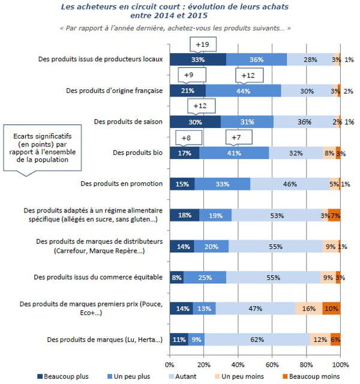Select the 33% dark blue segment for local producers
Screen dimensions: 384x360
pos(197,59)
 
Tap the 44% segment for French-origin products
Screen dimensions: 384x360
pos(243,90)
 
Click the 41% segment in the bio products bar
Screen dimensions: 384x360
pos(234,152)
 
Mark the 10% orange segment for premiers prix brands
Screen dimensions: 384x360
pos(331,308)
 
